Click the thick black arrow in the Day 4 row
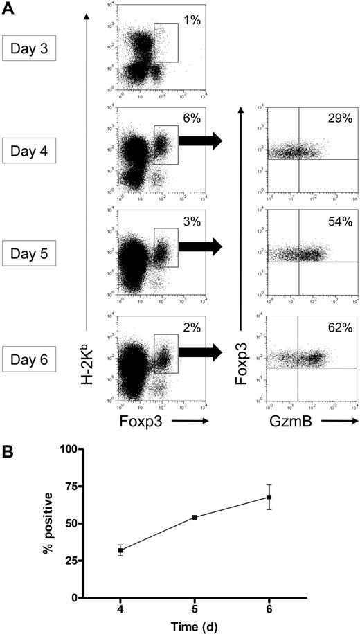(200, 141)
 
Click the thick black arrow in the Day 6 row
(200, 352)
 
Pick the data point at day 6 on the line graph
(269, 497)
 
